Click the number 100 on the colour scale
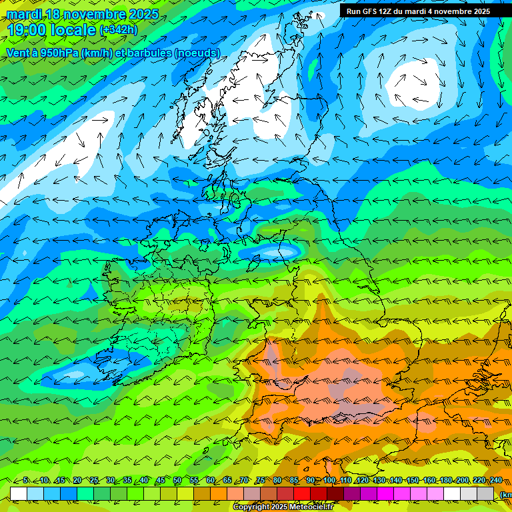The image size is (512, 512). (x=329, y=480)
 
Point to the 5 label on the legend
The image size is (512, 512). (x=25, y=480)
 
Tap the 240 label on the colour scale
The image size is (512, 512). (x=495, y=480)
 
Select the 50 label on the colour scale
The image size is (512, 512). (x=177, y=480)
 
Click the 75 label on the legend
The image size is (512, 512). (x=261, y=480)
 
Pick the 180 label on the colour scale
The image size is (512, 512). (x=446, y=480)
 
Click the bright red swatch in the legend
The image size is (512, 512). (x=302, y=493)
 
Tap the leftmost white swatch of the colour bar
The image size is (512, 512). (x=19, y=493)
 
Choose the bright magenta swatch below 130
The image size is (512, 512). (x=385, y=493)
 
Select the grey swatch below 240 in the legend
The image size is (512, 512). (x=485, y=493)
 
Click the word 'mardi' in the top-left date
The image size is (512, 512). (x=25, y=14)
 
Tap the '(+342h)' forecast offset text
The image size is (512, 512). (x=119, y=30)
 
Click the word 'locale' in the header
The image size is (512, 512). (x=75, y=30)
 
